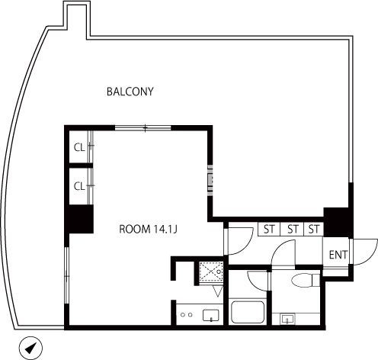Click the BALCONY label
tap(130, 92)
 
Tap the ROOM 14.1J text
tap(148, 230)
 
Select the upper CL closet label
tap(79, 147)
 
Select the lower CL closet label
tap(79, 186)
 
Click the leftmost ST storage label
tap(269, 230)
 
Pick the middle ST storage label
tap(293, 230)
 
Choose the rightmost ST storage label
tap(314, 230)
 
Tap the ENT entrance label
tap(338, 255)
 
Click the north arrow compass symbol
tap(30, 348)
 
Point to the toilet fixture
tap(306, 280)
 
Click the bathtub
tap(248, 312)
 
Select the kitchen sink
tap(211, 315)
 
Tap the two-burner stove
tap(187, 315)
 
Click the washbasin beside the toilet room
tap(288, 319)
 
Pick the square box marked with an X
tap(211, 272)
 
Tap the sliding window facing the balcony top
tap(143, 127)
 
